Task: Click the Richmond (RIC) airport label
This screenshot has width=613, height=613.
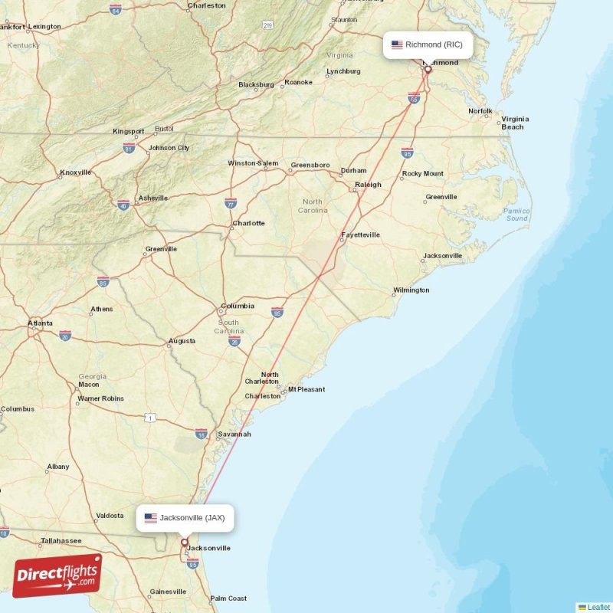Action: click(x=428, y=44)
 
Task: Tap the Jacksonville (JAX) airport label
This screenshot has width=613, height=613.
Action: click(x=185, y=518)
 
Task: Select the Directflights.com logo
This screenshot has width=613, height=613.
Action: click(x=57, y=575)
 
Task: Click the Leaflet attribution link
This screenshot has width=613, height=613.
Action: click(x=598, y=607)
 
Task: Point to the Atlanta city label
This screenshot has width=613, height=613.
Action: click(x=41, y=323)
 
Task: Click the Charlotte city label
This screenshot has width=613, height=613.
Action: click(x=248, y=224)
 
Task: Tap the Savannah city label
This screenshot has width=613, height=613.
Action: click(x=234, y=434)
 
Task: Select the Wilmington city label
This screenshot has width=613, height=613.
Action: click(x=411, y=290)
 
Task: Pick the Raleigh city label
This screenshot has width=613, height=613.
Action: click(x=368, y=185)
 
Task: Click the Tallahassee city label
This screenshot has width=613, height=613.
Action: click(x=61, y=541)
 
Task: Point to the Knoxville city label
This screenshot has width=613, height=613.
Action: click(x=75, y=172)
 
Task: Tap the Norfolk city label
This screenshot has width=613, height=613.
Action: click(x=480, y=111)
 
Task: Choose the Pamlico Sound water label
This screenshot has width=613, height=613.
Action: click(x=516, y=215)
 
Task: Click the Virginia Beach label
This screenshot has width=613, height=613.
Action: click(x=515, y=123)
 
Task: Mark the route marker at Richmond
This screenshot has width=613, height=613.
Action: click(x=428, y=70)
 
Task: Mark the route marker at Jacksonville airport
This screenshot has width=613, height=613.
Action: click(x=184, y=543)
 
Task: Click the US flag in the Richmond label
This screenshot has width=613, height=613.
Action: click(x=397, y=44)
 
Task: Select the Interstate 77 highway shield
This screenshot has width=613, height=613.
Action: click(x=231, y=203)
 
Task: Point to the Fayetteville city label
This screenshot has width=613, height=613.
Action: click(x=360, y=235)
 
